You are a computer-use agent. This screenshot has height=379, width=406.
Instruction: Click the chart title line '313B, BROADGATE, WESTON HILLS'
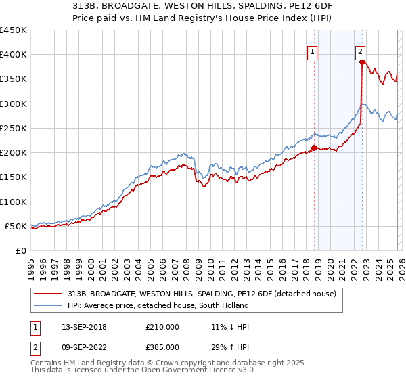tap(204, 5)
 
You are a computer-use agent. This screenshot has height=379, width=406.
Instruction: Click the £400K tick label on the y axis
tap(14, 55)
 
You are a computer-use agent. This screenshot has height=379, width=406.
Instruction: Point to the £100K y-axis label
tap(14, 202)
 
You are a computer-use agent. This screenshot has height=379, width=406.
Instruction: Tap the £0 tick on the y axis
tap(21, 250)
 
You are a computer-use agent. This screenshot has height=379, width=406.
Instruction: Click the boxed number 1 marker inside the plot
tap(313, 51)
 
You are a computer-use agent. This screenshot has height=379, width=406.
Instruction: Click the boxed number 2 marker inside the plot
tap(360, 51)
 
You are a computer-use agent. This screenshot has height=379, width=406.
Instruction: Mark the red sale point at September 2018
tap(314, 148)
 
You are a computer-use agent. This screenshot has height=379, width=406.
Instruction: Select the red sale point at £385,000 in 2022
tap(361, 62)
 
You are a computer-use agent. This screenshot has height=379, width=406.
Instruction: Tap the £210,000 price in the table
tap(162, 327)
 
